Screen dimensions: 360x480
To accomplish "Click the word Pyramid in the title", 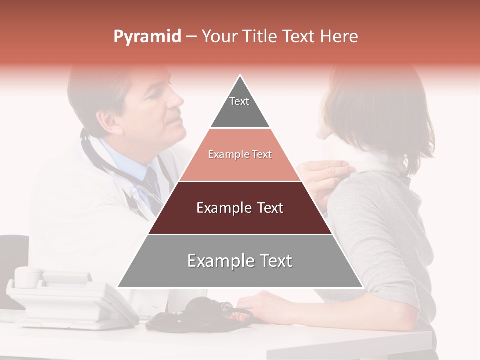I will [x=147, y=37].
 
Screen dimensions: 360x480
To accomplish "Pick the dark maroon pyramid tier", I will [x=240, y=208].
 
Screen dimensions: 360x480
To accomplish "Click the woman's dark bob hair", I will [x=380, y=110].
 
